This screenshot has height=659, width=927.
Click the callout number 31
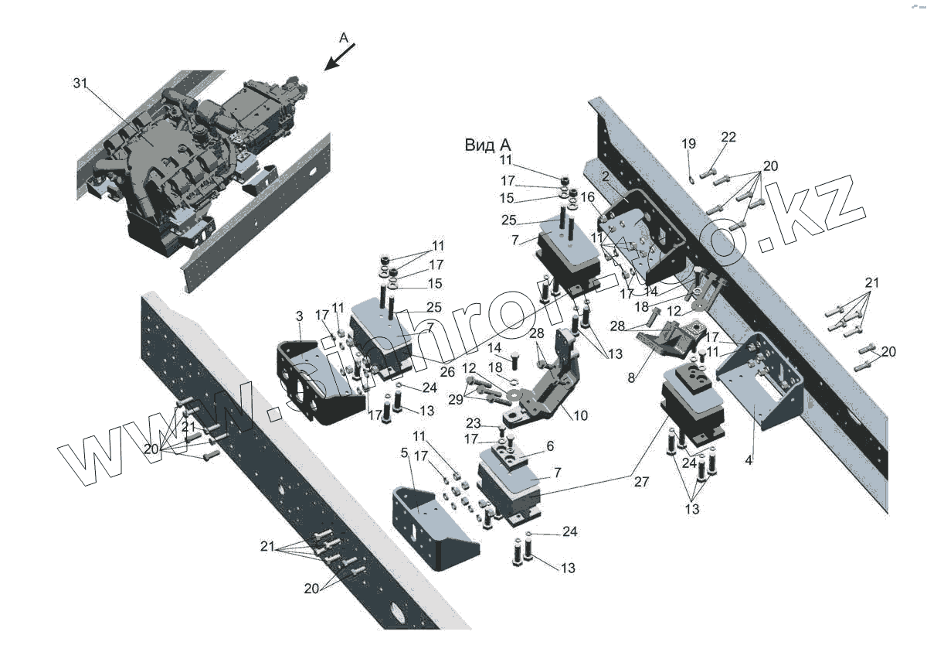tap(80, 83)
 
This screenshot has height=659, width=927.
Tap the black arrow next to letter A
tap(338, 58)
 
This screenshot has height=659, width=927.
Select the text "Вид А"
tap(487, 145)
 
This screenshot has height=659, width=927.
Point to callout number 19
tap(688, 144)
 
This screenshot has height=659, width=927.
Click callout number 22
tap(728, 138)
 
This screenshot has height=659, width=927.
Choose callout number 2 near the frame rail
tap(606, 177)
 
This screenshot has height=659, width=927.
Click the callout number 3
tap(299, 316)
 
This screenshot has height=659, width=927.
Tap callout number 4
tap(748, 460)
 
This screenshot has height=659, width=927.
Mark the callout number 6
tap(550, 446)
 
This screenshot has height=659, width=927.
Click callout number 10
tap(580, 415)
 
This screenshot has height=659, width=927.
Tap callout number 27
tap(641, 481)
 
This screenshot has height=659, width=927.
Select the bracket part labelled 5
tap(433, 526)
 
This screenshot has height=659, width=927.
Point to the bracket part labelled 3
tap(317, 379)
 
